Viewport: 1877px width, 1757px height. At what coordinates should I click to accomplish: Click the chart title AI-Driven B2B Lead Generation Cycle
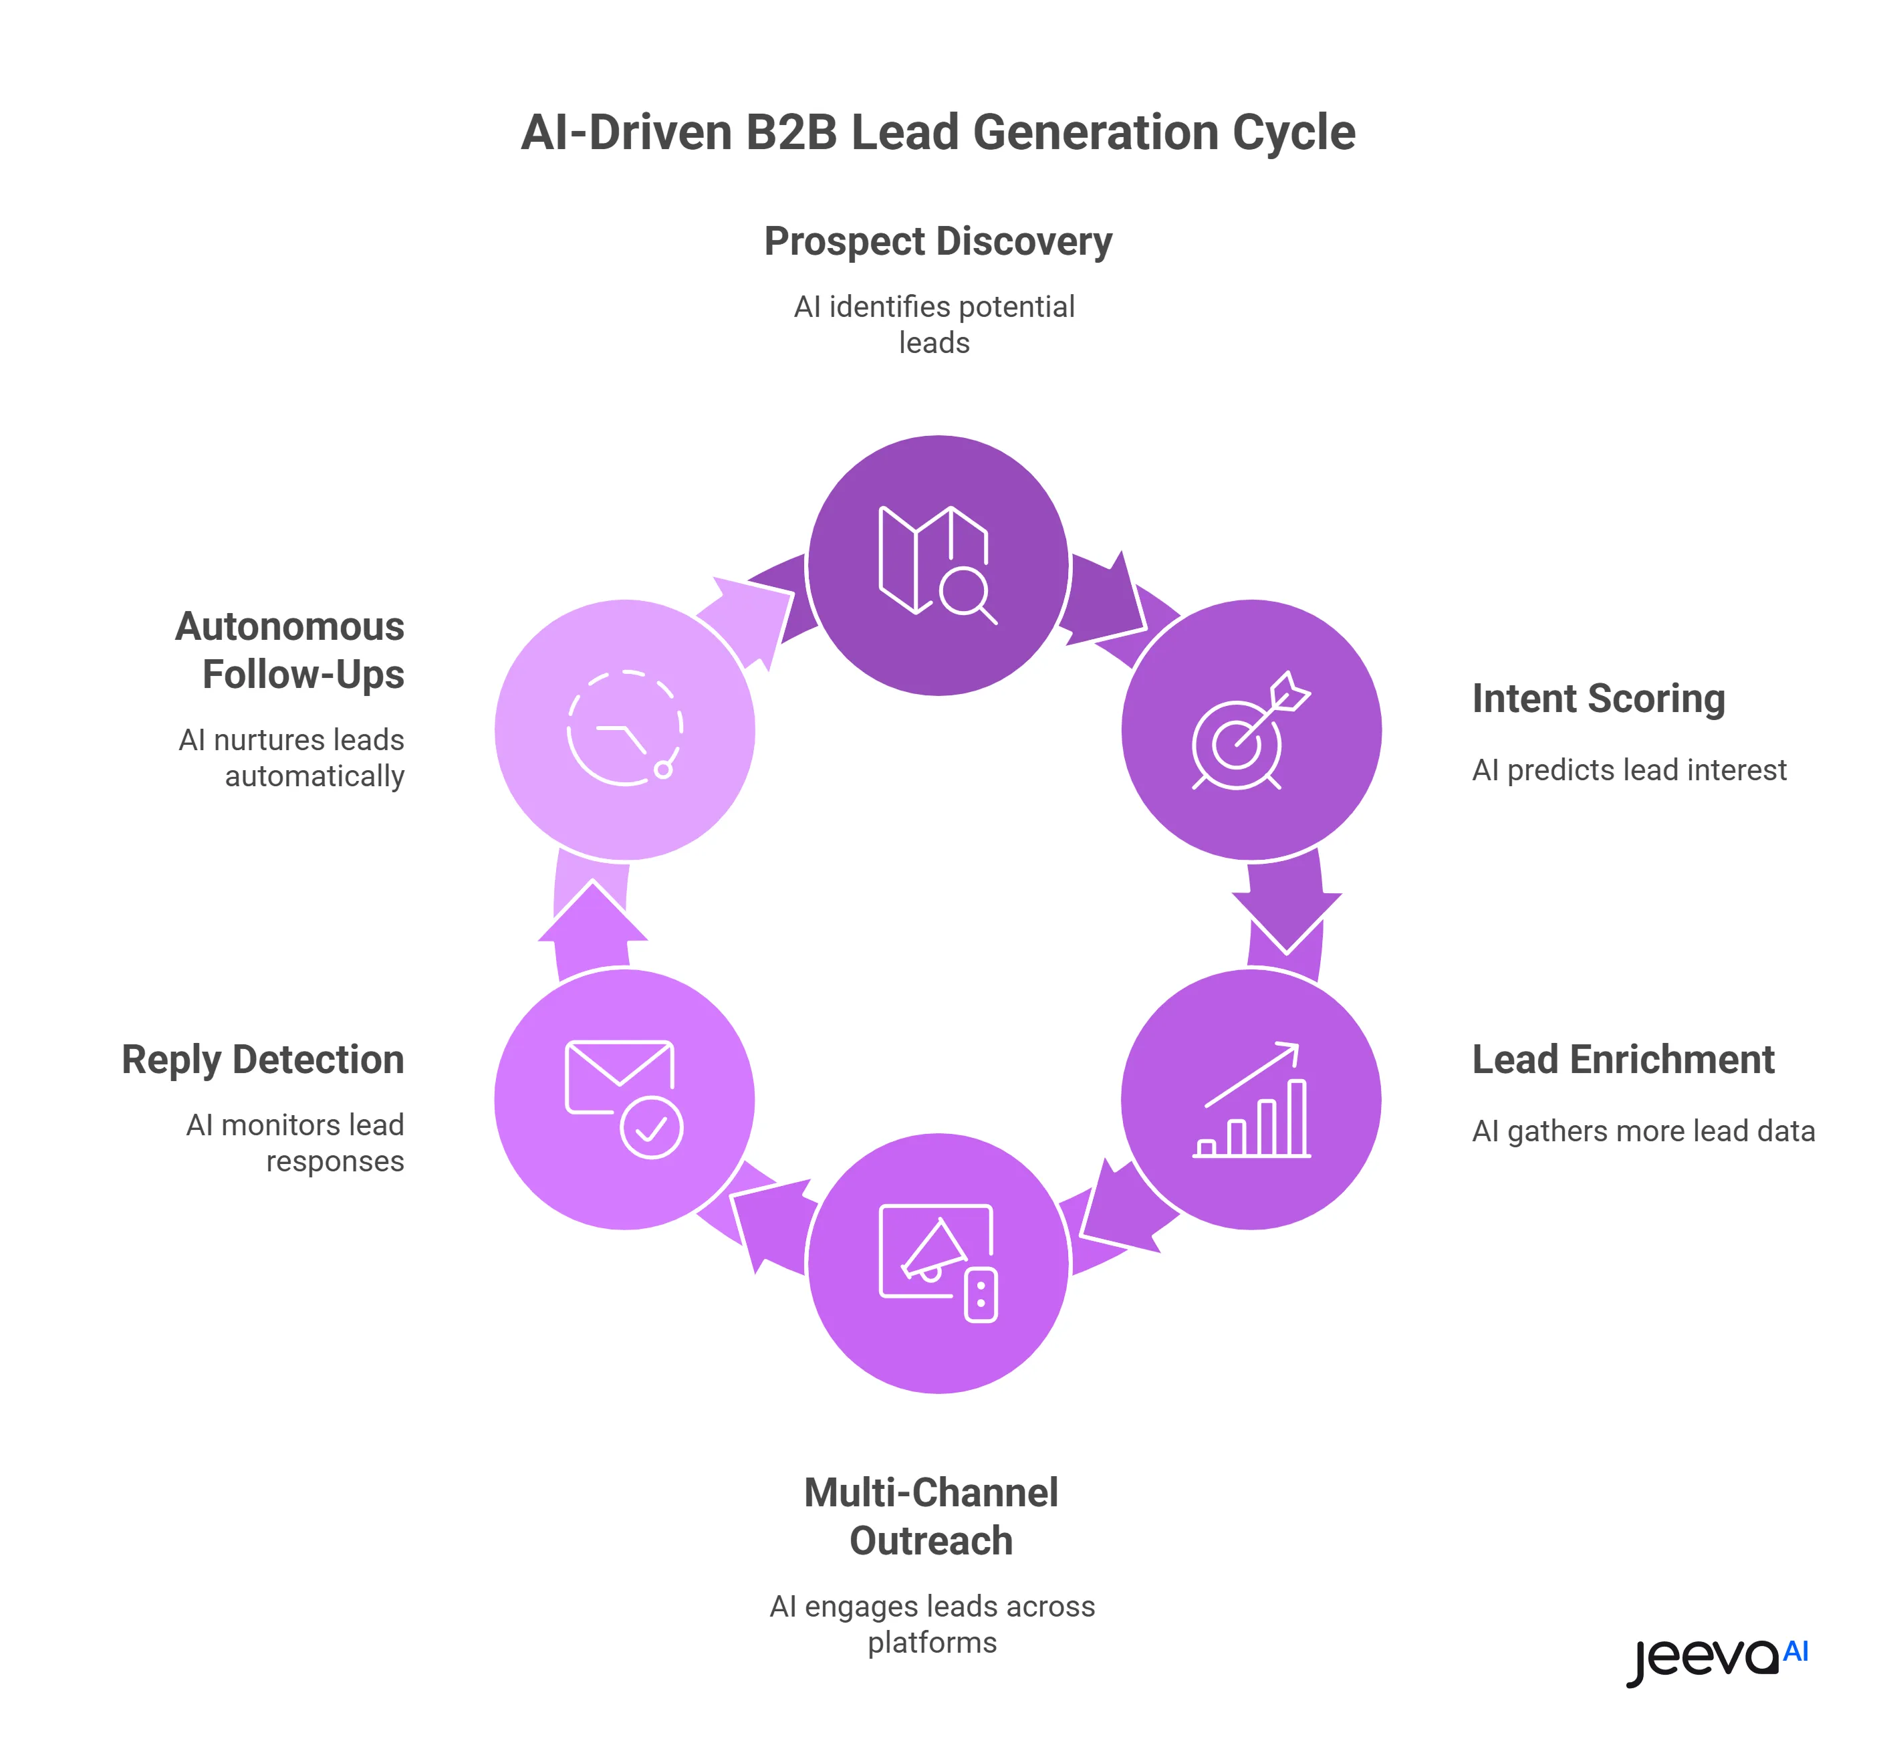[938, 132]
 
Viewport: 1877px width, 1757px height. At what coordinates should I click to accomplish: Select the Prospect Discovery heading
[938, 242]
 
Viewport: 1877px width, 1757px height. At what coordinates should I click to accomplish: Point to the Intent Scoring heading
[1598, 699]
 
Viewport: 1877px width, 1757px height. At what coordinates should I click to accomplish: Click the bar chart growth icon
[1251, 1100]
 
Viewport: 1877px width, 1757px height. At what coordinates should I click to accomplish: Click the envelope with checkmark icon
[623, 1099]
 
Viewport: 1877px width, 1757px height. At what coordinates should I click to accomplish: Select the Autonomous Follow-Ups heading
[291, 651]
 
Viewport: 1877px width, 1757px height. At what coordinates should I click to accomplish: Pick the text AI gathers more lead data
[1643, 1131]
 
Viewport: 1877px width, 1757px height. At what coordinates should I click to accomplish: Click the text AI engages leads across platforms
[932, 1624]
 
